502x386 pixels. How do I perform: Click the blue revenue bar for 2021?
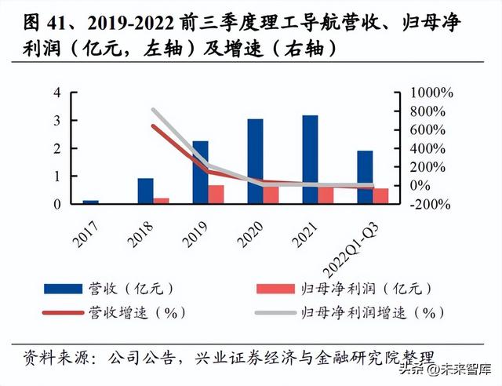pos(310,159)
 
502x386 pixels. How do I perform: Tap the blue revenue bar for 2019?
pos(201,172)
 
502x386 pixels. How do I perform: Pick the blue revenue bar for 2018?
pos(146,191)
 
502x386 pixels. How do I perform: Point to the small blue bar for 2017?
pos(91,202)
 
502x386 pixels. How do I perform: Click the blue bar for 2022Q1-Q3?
pos(365,177)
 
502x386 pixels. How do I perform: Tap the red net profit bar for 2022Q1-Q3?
pos(380,195)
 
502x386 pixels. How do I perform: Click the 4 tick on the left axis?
pos(56,93)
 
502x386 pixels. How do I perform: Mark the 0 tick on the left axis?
pos(56,204)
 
